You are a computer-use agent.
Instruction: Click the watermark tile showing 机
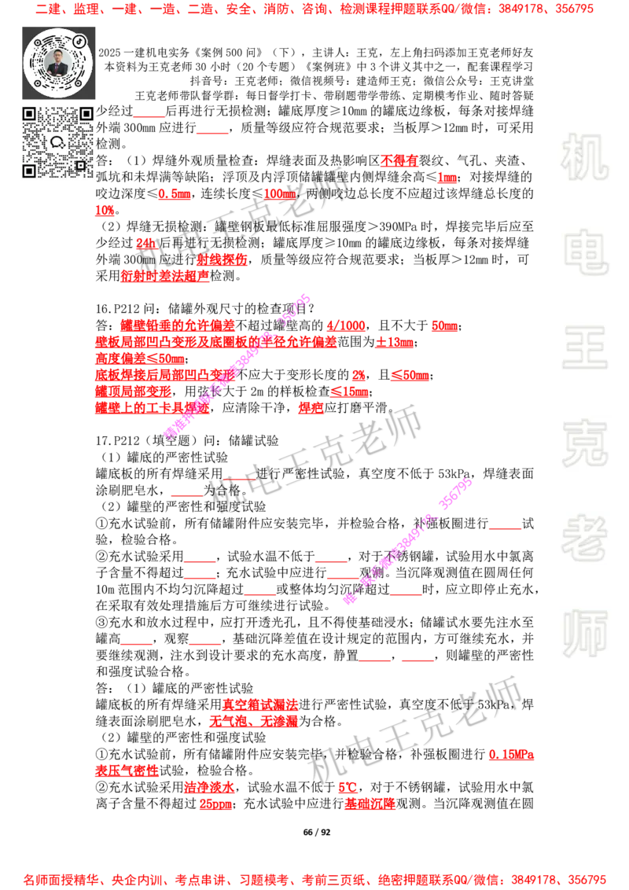584,157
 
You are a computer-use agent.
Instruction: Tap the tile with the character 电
587,252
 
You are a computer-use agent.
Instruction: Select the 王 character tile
584,348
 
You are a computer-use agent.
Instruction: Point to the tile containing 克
584,443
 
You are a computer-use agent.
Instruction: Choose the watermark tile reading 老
584,538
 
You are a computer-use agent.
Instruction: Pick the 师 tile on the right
584,634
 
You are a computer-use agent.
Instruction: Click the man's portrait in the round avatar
57,62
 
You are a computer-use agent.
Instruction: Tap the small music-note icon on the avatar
80,40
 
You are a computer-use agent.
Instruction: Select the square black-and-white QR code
57,142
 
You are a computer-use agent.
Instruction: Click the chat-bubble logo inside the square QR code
57,142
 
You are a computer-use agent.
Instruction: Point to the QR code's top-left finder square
30,114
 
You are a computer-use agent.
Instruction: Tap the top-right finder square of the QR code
86,114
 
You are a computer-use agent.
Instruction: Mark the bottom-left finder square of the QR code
30,170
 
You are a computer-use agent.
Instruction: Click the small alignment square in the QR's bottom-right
80,165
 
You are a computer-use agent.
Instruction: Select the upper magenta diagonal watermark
237,366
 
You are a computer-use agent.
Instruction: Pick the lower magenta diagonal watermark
407,541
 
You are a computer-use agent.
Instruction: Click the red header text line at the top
314,10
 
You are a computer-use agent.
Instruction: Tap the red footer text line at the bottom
314,879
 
